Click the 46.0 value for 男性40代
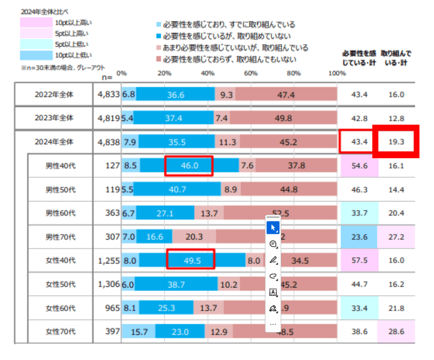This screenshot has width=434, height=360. [189, 166]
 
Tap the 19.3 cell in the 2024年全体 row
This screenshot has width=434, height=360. [396, 142]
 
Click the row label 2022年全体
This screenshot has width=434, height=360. [54, 95]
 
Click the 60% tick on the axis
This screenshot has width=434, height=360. [251, 73]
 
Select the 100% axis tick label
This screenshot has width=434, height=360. [337, 73]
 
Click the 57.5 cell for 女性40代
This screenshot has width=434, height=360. [359, 260]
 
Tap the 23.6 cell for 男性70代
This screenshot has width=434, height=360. [359, 237]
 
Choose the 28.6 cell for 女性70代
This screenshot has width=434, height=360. [396, 332]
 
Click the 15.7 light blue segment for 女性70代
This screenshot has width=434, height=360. [138, 332]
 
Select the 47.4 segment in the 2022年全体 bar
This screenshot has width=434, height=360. [286, 95]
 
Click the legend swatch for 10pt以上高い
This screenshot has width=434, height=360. [36, 22]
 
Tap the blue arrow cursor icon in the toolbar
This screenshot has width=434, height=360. [273, 228]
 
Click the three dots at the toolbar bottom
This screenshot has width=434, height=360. [273, 324]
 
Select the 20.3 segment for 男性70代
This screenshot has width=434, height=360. [194, 237]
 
